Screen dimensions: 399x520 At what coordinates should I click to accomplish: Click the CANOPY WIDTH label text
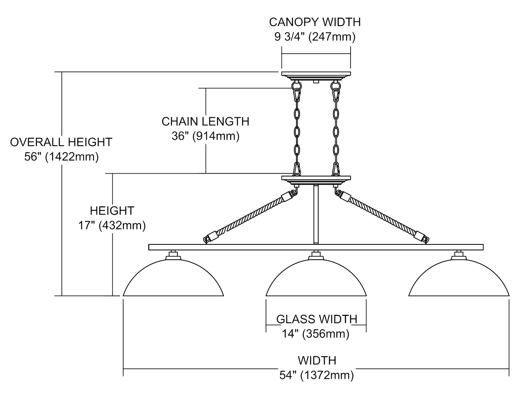[x=315, y=22]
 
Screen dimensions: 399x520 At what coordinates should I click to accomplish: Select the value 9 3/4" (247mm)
[x=315, y=37]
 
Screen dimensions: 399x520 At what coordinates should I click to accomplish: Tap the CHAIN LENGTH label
[x=205, y=122]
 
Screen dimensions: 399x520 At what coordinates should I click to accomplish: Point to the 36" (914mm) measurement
[x=205, y=136]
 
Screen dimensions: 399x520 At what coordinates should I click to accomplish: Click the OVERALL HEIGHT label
[x=61, y=142]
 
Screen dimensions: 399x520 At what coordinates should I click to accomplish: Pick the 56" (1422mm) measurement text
[x=61, y=157]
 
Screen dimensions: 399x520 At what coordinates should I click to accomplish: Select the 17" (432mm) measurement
[x=112, y=226]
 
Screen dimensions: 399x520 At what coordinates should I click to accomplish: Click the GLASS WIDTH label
[x=316, y=319]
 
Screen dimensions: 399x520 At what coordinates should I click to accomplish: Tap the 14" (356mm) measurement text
[x=315, y=334]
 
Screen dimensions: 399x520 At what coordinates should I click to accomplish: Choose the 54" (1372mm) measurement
[x=317, y=375]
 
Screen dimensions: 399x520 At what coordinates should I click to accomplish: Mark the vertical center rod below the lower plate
[x=316, y=215]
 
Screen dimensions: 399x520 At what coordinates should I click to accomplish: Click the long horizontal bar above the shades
[x=316, y=247]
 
